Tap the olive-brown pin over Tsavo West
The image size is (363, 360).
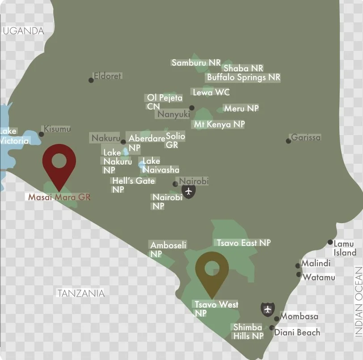(x=212, y=268)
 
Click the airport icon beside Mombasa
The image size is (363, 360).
(x=268, y=309)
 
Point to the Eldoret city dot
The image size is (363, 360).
(x=91, y=80)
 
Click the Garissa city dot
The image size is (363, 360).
(x=288, y=141)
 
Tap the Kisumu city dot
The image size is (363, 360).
(x=41, y=134)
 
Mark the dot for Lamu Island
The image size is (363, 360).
(x=330, y=242)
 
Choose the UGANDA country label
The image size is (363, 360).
(x=23, y=31)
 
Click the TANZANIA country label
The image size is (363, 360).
(x=81, y=293)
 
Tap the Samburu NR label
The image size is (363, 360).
(x=196, y=63)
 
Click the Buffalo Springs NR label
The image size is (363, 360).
(x=244, y=77)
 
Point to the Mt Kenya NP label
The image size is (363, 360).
(x=219, y=124)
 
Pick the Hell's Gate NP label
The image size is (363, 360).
(x=133, y=185)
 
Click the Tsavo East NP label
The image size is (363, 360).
(x=244, y=243)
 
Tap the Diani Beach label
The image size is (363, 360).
(x=297, y=332)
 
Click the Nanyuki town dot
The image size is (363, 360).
(x=192, y=108)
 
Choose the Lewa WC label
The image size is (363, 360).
(x=211, y=93)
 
